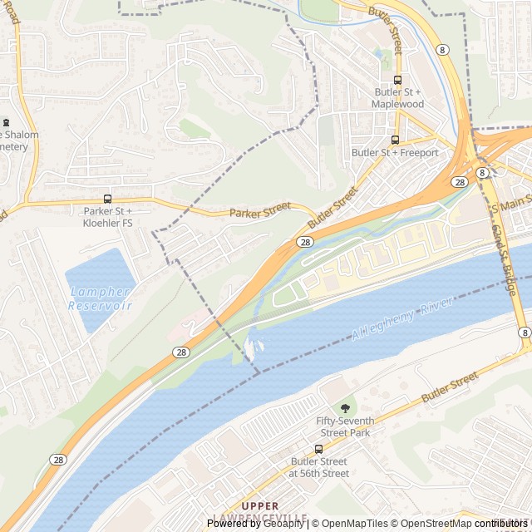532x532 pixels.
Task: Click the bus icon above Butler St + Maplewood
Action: tap(397, 81)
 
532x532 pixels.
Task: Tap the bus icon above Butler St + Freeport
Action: tap(395, 140)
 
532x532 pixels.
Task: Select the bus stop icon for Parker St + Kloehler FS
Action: tap(107, 199)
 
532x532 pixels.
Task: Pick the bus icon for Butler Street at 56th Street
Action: tap(318, 450)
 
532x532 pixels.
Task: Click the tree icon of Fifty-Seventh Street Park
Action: tap(345, 408)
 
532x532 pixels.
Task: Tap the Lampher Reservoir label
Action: tap(100, 298)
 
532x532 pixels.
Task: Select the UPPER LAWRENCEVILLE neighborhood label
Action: tap(273, 511)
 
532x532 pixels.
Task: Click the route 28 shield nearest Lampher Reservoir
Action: tap(181, 352)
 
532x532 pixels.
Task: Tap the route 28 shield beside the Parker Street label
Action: tap(305, 241)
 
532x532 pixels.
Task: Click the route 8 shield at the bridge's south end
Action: tap(525, 332)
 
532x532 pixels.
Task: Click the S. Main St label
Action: tap(510, 199)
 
